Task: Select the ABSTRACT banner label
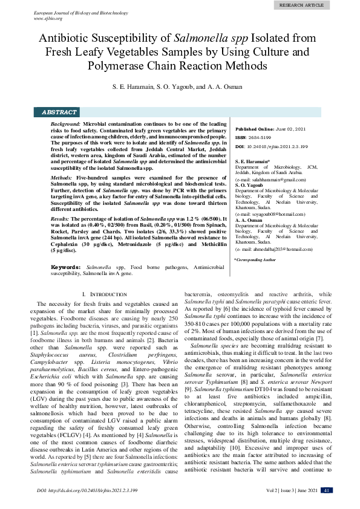point(59,112)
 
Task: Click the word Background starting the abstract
point(65,123)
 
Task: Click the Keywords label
point(67,267)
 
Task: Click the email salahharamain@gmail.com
point(270,180)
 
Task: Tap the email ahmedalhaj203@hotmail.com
point(274,249)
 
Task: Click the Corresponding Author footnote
point(255,259)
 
